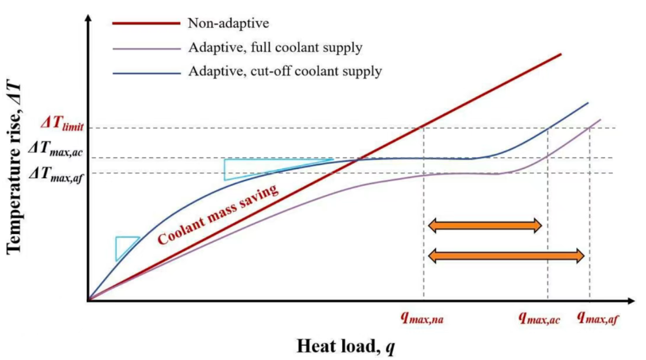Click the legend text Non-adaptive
tap(228, 23)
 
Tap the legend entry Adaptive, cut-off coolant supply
tap(285, 71)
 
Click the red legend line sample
tap(146, 23)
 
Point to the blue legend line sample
tap(146, 72)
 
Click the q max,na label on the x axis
tap(422, 318)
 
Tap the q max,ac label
tap(539, 318)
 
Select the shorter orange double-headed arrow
tap(484, 225)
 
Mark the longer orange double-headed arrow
tap(506, 256)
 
